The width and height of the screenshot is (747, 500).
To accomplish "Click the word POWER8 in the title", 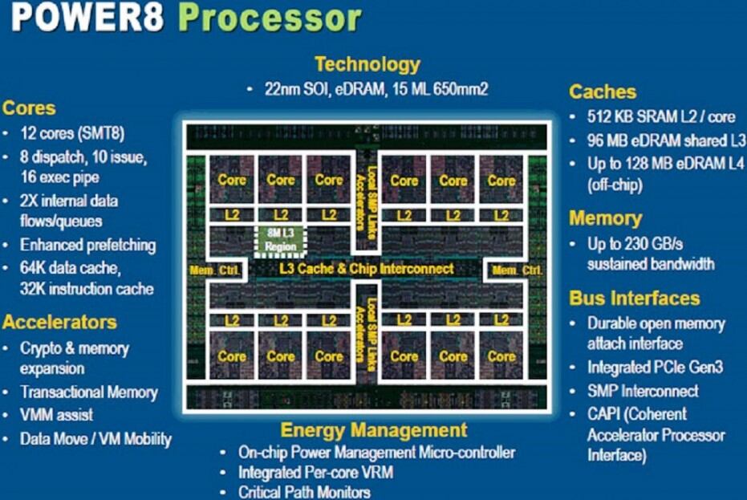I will [91, 18].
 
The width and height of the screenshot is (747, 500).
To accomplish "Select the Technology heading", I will [367, 64].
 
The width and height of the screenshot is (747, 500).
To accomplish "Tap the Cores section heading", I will [30, 108].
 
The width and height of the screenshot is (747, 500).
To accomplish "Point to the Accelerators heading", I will [59, 323].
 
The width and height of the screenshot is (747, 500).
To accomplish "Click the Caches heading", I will [603, 91].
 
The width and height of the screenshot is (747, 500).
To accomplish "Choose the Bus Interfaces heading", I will [635, 299].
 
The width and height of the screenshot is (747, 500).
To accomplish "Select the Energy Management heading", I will [374, 430].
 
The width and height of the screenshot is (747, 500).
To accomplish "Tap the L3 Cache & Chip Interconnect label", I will [366, 269].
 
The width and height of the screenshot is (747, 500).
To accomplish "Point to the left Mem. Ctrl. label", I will [213, 270].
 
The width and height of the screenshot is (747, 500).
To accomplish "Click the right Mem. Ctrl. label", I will [518, 270].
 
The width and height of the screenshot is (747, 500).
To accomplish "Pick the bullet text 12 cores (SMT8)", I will [72, 132].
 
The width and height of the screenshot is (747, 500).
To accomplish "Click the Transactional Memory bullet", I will [89, 392].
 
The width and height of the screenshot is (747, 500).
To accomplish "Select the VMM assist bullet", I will [57, 416].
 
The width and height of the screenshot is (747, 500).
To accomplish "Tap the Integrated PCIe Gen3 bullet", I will [656, 368].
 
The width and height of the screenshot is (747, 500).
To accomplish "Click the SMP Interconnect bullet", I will [643, 392].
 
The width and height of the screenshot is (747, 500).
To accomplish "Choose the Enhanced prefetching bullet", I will [88, 245].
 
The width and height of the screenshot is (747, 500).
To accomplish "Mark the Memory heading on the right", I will [606, 218].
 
